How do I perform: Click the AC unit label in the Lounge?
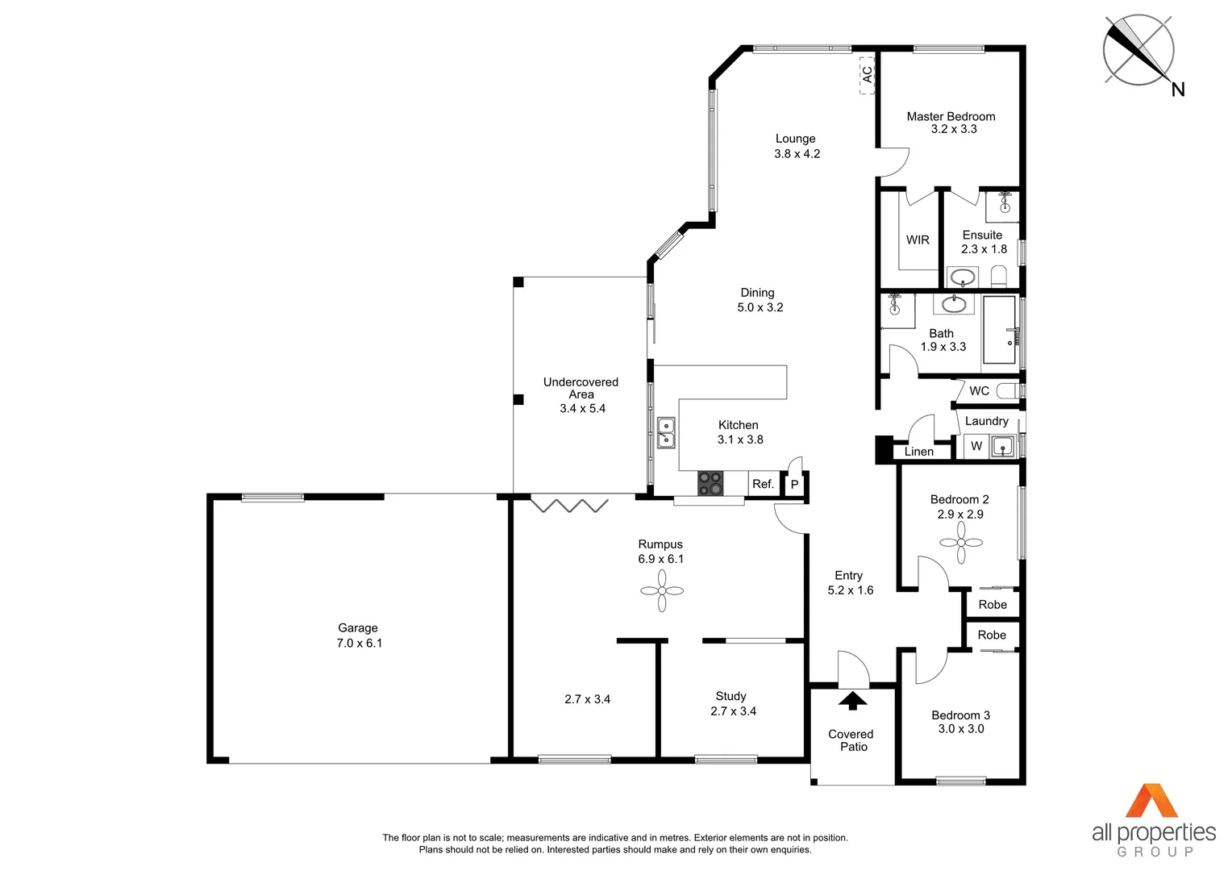click(867, 74)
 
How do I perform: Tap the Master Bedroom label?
click(951, 116)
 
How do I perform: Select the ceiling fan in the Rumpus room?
click(662, 591)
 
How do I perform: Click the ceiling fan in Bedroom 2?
click(961, 543)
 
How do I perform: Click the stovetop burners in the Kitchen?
click(710, 483)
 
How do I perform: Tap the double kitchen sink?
click(666, 432)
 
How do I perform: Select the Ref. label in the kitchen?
click(763, 484)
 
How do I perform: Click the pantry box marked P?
click(794, 484)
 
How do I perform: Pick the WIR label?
click(918, 240)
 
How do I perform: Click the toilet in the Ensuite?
click(999, 276)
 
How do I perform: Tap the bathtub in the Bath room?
click(1000, 329)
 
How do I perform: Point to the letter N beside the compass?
click(1178, 90)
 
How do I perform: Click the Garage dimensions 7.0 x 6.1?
click(359, 643)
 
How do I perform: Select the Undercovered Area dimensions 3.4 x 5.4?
click(582, 408)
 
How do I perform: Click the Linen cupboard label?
click(918, 452)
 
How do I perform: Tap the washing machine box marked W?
click(976, 446)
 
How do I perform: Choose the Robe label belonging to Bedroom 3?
click(992, 635)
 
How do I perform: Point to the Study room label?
click(730, 696)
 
